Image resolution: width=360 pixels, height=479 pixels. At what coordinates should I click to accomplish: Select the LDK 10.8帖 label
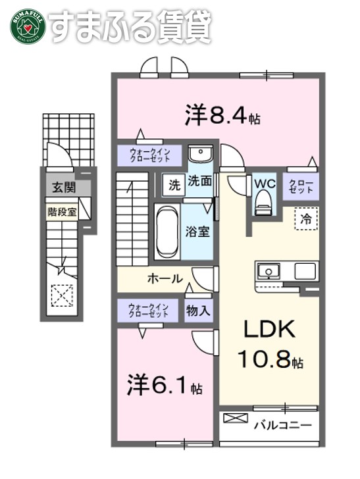(270, 345)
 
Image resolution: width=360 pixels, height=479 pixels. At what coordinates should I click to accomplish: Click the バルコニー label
(282, 425)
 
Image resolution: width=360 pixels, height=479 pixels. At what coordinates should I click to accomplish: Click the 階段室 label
(62, 212)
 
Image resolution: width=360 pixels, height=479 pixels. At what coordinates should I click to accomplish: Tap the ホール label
(165, 278)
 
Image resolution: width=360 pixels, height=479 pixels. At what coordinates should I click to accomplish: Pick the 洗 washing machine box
(174, 185)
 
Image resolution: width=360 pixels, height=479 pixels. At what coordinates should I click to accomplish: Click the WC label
(265, 182)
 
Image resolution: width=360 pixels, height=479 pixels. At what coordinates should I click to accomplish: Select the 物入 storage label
(198, 310)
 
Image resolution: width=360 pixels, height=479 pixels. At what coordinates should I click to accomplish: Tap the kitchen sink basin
(269, 270)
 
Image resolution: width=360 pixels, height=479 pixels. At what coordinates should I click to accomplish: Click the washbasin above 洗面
(198, 155)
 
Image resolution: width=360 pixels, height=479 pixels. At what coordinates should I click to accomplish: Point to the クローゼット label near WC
(302, 186)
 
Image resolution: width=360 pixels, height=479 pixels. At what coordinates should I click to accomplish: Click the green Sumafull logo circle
(26, 25)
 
